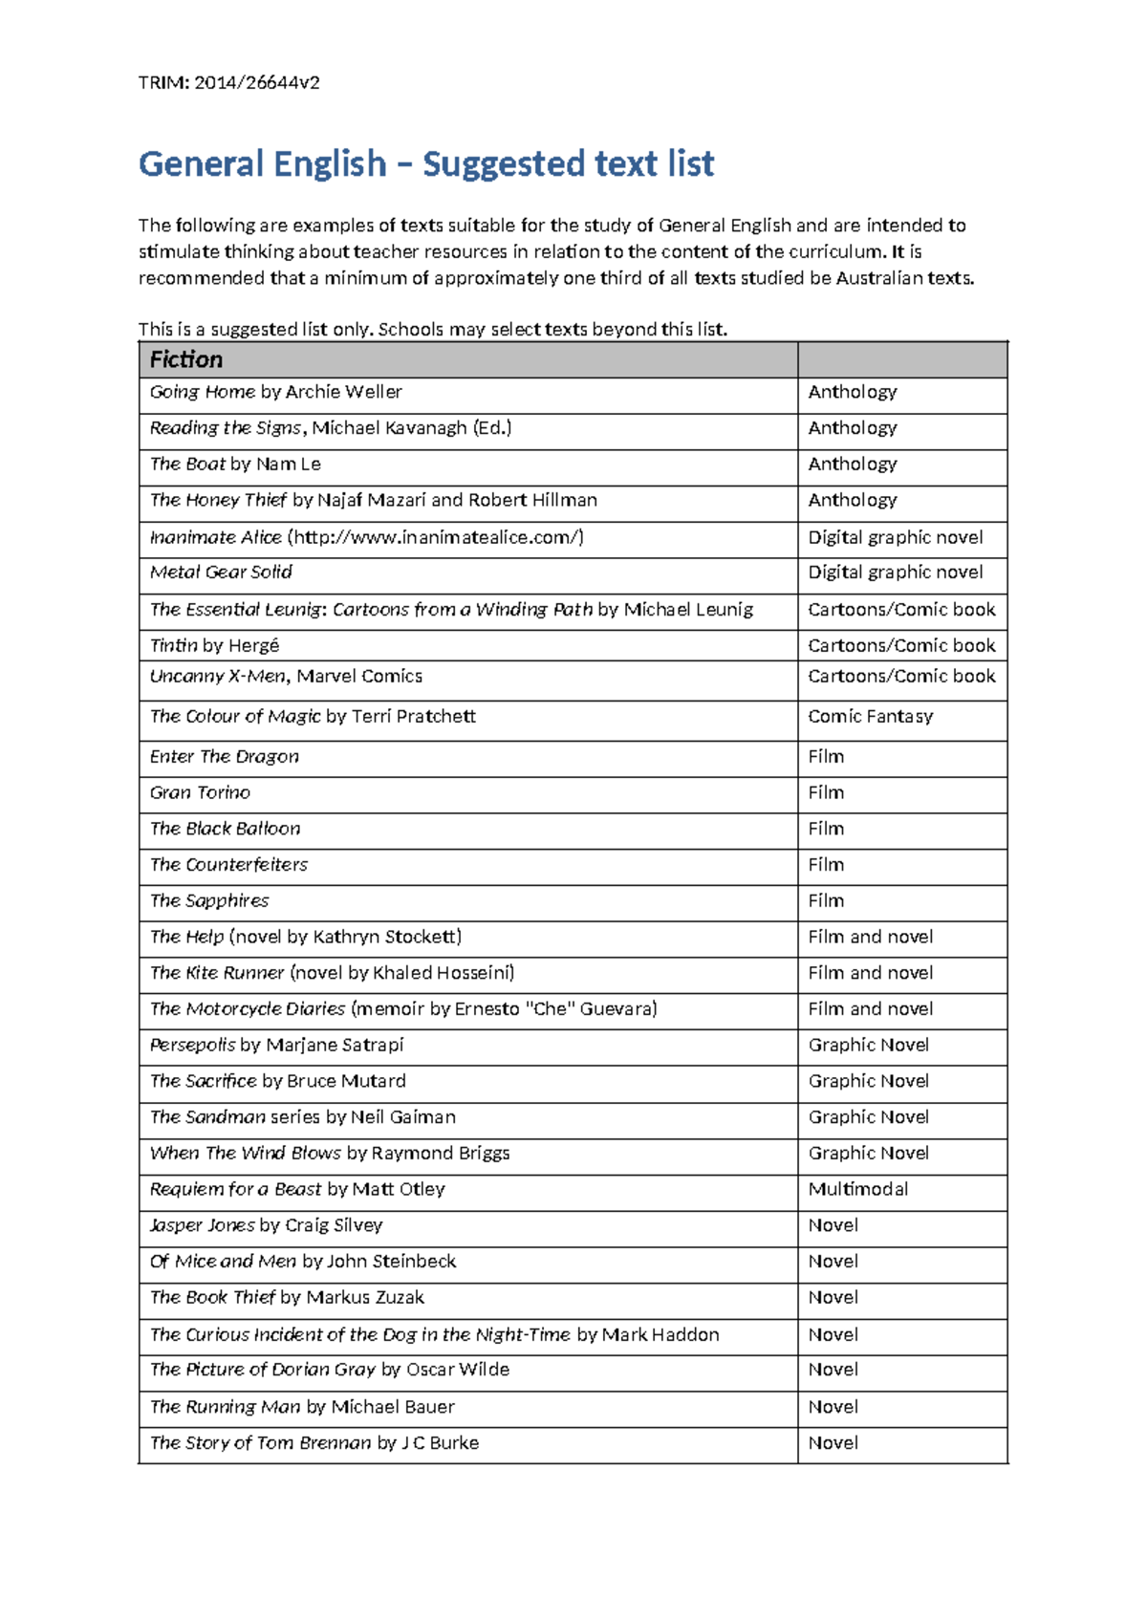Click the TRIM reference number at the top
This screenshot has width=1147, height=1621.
point(256,82)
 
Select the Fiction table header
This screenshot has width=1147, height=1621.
point(186,359)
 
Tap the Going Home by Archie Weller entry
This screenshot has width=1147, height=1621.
point(275,392)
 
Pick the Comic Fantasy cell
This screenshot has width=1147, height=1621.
point(870,717)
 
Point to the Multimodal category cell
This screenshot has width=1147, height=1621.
point(857,1190)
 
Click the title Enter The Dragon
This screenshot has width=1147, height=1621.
point(224,757)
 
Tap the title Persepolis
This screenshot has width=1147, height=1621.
point(192,1046)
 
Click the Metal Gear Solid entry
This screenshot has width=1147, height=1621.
point(221,573)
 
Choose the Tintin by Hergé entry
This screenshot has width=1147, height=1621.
point(214,646)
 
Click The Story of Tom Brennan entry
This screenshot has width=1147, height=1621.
point(314,1443)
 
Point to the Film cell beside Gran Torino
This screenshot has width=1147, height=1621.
point(826,793)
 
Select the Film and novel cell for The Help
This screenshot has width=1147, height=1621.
point(870,938)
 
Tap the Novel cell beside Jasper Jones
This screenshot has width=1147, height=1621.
point(833,1225)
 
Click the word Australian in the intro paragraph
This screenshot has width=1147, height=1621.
point(879,278)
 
